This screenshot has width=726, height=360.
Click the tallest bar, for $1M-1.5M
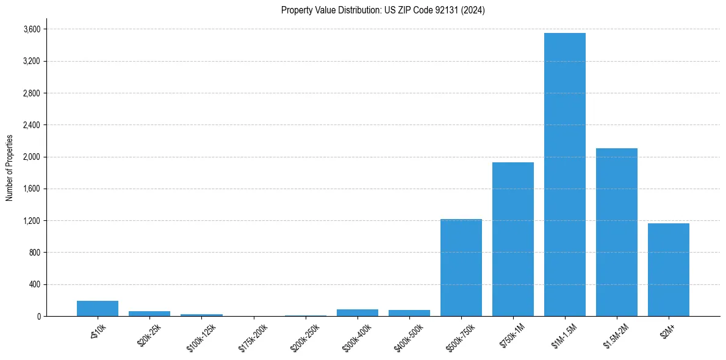click(x=565, y=175)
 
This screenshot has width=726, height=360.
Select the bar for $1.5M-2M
click(x=617, y=232)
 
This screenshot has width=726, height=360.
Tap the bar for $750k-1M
click(x=513, y=239)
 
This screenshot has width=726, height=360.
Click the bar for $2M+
click(x=669, y=270)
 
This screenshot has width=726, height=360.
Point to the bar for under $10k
click(x=98, y=309)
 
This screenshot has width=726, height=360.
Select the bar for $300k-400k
click(x=358, y=313)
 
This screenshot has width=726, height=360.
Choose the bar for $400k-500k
click(x=409, y=313)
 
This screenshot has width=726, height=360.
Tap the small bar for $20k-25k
click(x=149, y=314)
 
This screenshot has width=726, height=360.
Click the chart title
click(x=383, y=10)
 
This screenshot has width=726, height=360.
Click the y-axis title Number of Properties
click(x=10, y=168)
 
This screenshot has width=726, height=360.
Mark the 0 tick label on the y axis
click(x=39, y=316)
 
